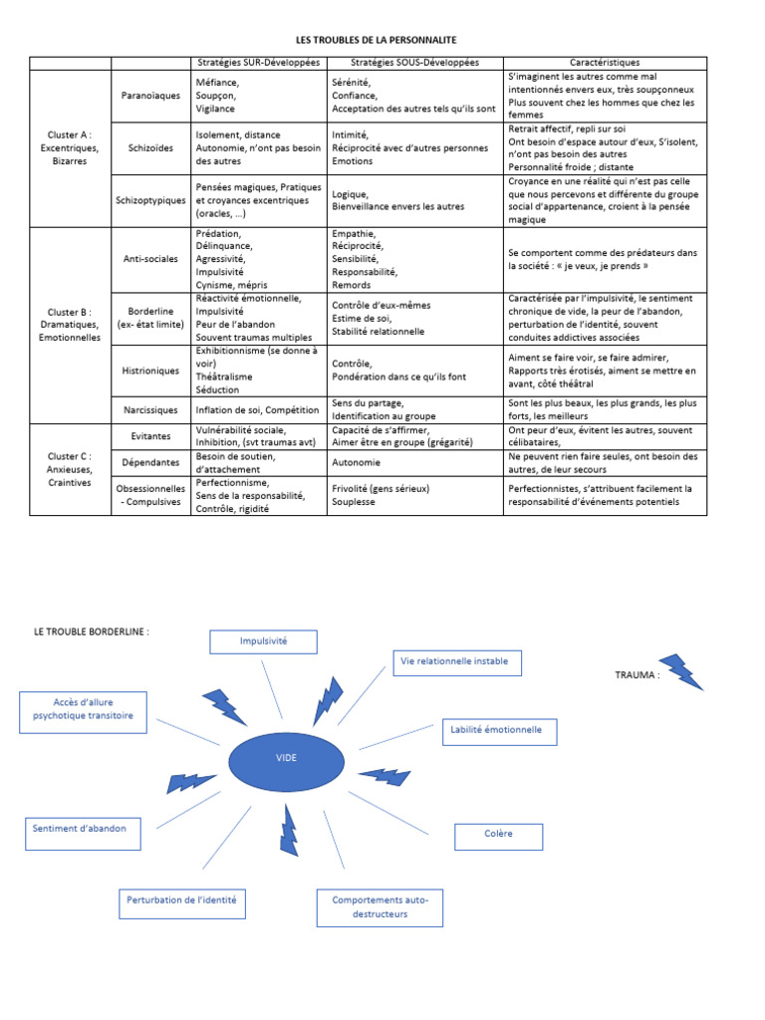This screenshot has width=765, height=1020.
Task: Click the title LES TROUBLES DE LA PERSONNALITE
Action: point(376,39)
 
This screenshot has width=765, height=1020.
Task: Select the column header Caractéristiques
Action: point(605,63)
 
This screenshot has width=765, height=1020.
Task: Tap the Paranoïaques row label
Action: point(149,96)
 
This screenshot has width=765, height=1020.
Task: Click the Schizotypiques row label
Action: point(150,200)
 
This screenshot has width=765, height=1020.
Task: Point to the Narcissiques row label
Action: point(150,409)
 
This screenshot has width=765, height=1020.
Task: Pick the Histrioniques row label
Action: point(150,371)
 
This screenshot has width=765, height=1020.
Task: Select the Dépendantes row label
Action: point(150,462)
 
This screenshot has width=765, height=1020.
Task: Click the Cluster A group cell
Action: point(70,147)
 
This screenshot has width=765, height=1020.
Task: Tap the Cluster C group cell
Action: point(70,469)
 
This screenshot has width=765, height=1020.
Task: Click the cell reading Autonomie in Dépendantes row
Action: point(357,462)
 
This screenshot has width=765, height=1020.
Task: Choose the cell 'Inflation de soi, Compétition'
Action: point(257,409)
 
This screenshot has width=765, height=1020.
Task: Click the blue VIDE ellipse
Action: point(286,758)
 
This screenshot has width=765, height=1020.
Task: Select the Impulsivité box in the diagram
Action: point(263,641)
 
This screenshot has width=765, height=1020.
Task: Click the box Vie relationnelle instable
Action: point(453,661)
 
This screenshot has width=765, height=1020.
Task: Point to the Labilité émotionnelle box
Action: point(498,731)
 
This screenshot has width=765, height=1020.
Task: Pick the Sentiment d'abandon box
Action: point(80,829)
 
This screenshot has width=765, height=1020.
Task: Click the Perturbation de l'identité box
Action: point(181,901)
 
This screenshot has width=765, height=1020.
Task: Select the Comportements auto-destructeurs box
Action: point(381,907)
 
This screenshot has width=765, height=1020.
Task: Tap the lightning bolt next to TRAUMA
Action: point(682,671)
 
